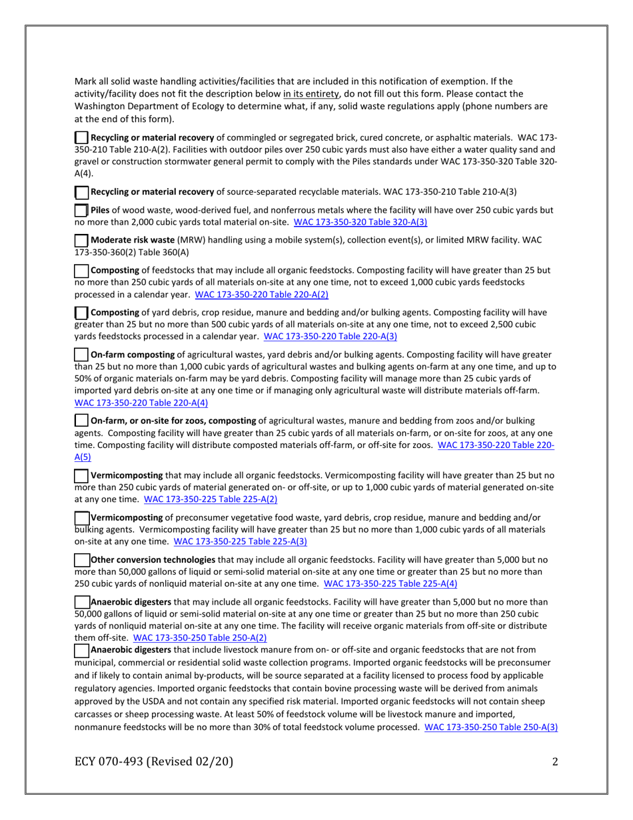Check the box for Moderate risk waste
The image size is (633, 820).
pos(81,240)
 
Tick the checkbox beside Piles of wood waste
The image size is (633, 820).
pos(81,211)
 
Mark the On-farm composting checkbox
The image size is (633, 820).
pos(81,355)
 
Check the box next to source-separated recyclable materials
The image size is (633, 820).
pos(81,193)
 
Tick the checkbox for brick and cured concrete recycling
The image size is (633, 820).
pos(81,137)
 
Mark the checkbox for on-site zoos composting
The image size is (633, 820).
pos(81,421)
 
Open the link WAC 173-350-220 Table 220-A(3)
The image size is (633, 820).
pos(330,337)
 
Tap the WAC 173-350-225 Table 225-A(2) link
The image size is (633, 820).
pos(211,499)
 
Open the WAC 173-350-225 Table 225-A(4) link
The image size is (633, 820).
pos(390,584)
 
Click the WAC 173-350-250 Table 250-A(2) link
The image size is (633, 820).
pos(200,637)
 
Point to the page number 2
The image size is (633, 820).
pos(554,762)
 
